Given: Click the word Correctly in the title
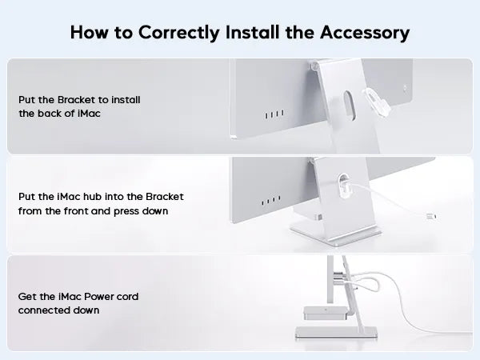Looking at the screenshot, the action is click(178, 33).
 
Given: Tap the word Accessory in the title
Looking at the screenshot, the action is click(365, 33).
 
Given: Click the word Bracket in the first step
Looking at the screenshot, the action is click(76, 100).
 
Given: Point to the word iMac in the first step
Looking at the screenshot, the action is click(89, 114).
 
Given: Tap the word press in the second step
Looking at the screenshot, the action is click(126, 211).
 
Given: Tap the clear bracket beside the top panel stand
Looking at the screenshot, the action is click(376, 102).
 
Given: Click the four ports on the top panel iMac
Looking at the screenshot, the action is click(274, 114).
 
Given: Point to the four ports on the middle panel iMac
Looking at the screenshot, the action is click(270, 201).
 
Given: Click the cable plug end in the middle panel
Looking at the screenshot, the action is click(431, 217).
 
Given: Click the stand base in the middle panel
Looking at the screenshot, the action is click(335, 234).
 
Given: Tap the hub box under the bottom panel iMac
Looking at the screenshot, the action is click(325, 313).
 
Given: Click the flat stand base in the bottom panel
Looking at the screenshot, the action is click(336, 333).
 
